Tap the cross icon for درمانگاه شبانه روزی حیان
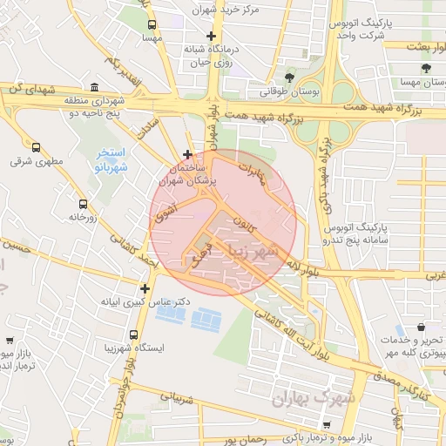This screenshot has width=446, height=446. [210, 36]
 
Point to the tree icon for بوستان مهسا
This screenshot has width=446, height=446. [426, 68]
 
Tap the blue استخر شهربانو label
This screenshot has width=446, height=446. [111, 159]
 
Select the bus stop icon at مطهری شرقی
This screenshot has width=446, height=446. [37, 147]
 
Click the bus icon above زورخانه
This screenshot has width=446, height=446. [82, 203]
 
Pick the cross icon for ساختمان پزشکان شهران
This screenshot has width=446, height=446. [187, 154]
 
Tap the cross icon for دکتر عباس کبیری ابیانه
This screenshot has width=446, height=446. [145, 288]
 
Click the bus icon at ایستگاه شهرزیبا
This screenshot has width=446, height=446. [133, 334]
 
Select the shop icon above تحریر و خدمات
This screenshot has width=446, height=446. [422, 328]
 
